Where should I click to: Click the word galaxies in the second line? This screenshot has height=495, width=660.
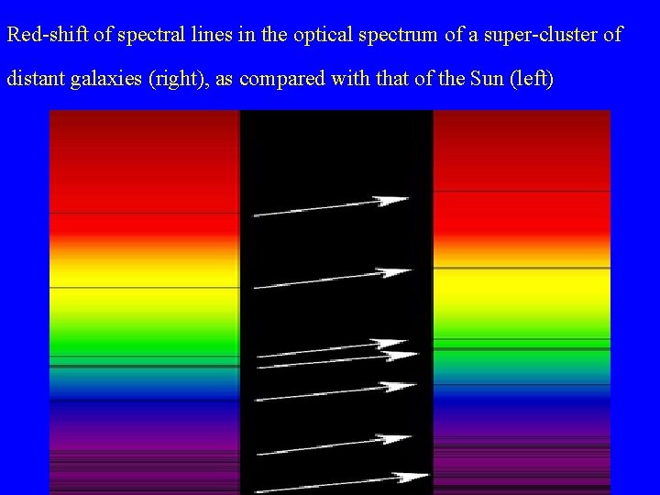click(96, 80)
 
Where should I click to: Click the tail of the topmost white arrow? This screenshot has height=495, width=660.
click(256, 215)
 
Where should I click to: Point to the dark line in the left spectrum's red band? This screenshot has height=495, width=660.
click(144, 213)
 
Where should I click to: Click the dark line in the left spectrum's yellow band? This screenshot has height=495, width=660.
click(144, 288)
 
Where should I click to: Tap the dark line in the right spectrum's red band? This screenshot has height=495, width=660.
click(521, 192)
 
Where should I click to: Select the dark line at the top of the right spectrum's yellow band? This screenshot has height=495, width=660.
click(521, 268)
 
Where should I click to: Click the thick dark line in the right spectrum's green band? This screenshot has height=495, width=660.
click(521, 349)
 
